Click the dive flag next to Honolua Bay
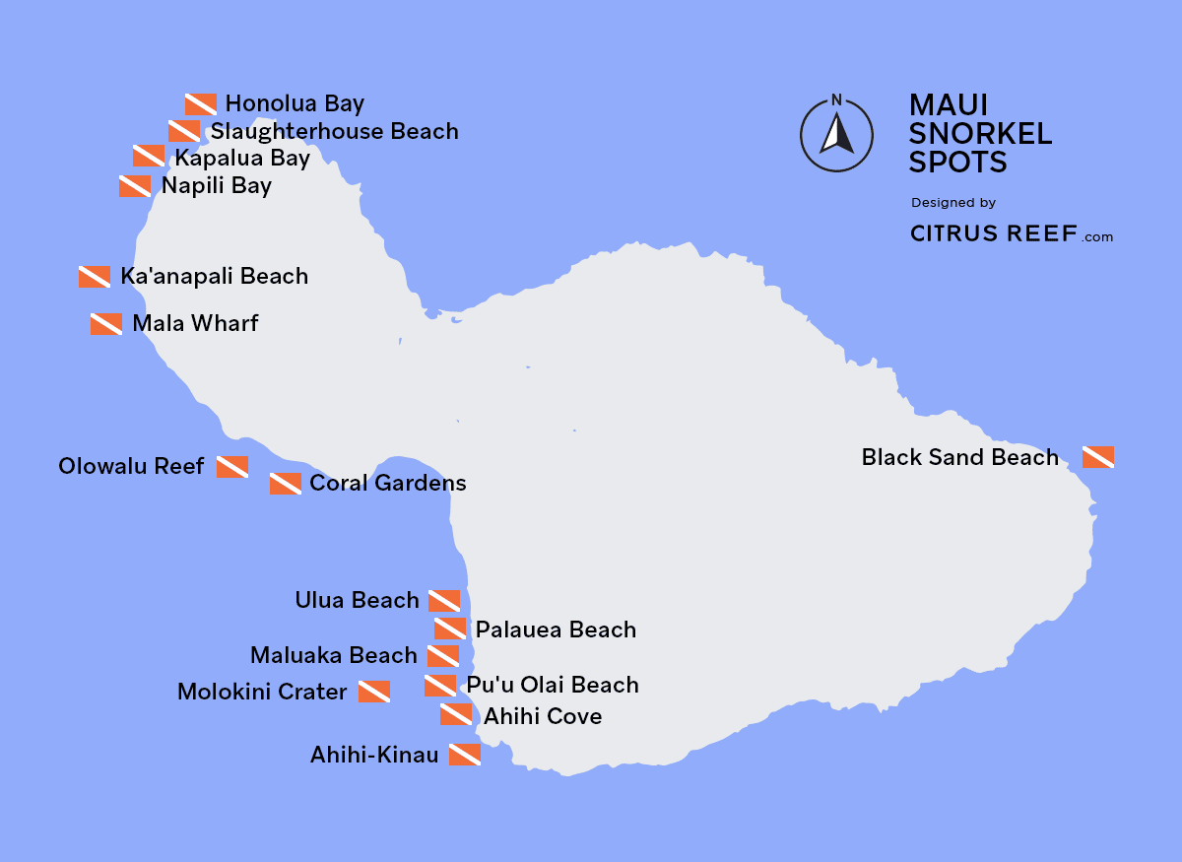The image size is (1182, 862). coord(201,104)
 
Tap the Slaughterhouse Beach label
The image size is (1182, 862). coord(334,131)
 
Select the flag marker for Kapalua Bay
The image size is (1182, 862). coord(149,156)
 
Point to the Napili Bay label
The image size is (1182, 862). coord(217,185)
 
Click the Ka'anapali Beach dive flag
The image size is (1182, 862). coord(95,277)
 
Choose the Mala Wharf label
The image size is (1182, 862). coord(195,323)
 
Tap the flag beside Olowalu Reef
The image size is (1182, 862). coord(232,467)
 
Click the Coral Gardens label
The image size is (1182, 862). coord(387,483)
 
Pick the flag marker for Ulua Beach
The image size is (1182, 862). coord(444,601)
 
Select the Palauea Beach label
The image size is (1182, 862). coord(556,630)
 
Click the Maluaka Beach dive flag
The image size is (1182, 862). coord(443,656)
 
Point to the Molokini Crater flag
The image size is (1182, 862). coord(374,692)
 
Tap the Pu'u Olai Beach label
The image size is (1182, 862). coord(552,685)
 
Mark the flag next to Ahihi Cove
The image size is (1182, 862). coord(456,714)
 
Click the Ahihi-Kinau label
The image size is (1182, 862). coord(373,755)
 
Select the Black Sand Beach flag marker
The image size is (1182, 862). coord(1098,457)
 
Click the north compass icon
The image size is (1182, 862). coord(837,133)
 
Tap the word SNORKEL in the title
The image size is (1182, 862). coord(980,133)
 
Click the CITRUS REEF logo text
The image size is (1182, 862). coord(993,234)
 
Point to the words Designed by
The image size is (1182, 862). coord(953,203)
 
